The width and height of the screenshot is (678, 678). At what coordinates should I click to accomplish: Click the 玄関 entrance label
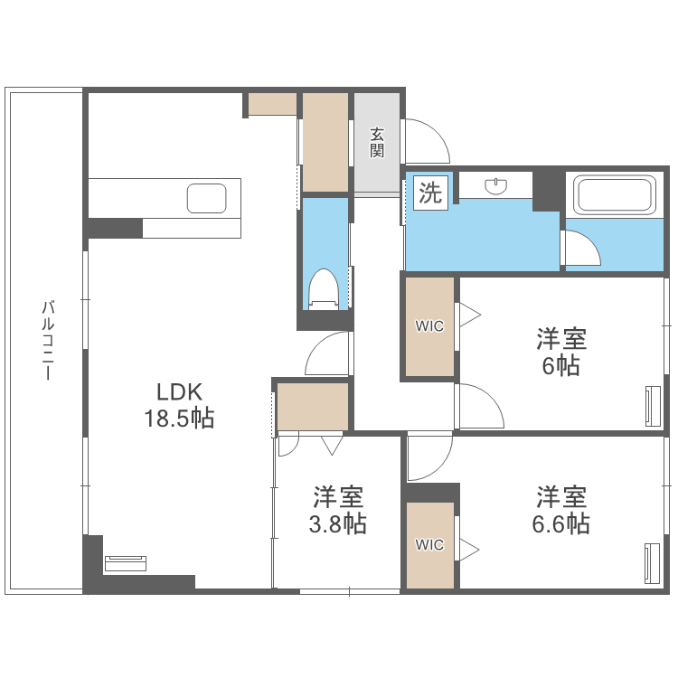tap(376, 142)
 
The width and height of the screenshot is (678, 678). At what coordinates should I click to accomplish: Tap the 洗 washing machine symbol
tap(430, 193)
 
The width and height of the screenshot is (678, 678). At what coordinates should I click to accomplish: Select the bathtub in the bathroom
tap(615, 193)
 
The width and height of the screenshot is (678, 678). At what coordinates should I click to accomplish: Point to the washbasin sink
tap(495, 185)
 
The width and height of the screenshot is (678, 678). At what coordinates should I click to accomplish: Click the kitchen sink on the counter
tap(207, 197)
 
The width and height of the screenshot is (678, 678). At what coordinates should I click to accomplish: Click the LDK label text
tap(178, 392)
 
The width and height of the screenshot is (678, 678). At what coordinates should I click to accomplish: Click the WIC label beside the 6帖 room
tap(429, 326)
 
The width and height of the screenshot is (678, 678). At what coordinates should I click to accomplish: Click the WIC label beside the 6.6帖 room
tap(429, 544)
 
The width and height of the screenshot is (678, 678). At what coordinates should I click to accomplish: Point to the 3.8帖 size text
tap(338, 523)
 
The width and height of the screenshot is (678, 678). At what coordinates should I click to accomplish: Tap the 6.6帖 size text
tap(561, 523)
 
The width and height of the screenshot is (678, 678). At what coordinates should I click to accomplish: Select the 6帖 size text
tap(561, 365)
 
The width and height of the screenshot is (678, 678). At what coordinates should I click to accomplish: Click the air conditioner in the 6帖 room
tap(653, 405)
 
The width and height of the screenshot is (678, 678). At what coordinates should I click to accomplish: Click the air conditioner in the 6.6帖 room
tap(653, 565)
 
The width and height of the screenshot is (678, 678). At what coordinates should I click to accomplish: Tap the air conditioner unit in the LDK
tap(126, 563)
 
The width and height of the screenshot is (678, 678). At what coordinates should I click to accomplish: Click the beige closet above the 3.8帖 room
tap(313, 406)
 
